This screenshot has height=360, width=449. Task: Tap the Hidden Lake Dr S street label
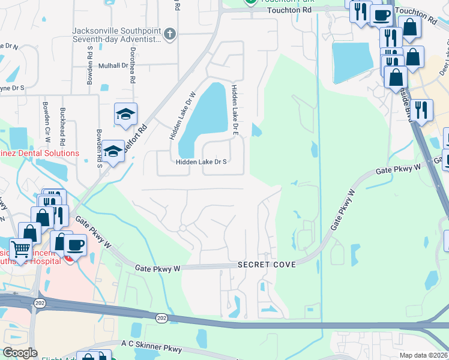click(x=201, y=162)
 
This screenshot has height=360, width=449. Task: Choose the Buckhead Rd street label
click(x=62, y=125)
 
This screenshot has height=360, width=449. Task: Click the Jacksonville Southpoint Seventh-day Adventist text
click(x=116, y=35)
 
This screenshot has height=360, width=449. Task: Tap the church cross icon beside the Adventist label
click(x=170, y=34)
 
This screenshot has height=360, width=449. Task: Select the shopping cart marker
click(x=20, y=248)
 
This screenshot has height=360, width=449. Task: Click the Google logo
click(x=20, y=353)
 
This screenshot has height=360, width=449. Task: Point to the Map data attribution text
click(x=424, y=355)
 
